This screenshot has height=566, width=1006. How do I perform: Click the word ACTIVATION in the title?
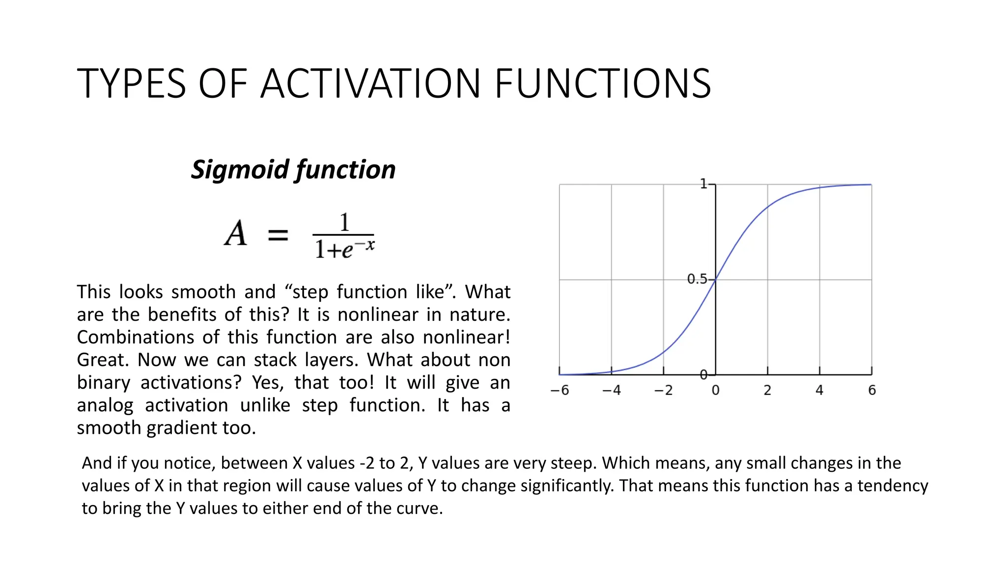click(x=370, y=84)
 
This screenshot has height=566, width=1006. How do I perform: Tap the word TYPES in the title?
click(x=131, y=84)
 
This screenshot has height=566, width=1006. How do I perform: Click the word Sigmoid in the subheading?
click(x=240, y=170)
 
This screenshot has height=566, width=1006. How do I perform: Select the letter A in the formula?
click(x=236, y=233)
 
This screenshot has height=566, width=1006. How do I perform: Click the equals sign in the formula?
click(x=278, y=235)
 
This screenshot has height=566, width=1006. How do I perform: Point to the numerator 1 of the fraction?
click(x=344, y=222)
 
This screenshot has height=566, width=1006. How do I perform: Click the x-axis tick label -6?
click(x=559, y=390)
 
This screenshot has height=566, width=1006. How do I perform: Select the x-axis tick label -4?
click(x=612, y=390)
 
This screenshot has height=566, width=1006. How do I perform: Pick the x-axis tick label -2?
click(x=663, y=390)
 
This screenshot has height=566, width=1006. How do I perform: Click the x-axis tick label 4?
click(x=819, y=390)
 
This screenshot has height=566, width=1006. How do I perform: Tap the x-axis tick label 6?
click(x=872, y=390)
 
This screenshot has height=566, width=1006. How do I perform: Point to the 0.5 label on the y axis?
click(x=697, y=279)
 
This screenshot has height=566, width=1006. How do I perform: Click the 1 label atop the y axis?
click(x=703, y=184)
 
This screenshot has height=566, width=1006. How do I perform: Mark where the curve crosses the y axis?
click(x=716, y=279)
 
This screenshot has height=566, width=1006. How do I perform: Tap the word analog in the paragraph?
click(x=105, y=406)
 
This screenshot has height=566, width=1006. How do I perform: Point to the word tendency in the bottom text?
click(x=893, y=486)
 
